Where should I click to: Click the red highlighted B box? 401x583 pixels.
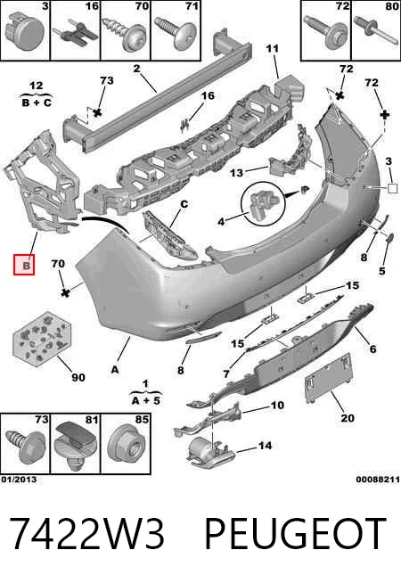(x=24, y=265)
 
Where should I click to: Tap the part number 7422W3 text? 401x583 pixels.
(x=86, y=534)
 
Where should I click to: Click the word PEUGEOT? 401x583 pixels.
(x=296, y=534)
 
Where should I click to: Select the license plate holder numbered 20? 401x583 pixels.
(x=328, y=378)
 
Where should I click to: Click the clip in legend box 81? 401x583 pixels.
(x=75, y=447)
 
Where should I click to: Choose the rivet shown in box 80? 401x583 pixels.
(x=376, y=31)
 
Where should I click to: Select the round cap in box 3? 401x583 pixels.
(x=25, y=30)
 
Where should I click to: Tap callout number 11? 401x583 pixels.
(x=272, y=48)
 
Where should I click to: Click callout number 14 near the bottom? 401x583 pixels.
(x=265, y=445)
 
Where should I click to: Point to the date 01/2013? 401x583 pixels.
(x=19, y=480)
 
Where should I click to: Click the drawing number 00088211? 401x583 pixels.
(x=378, y=480)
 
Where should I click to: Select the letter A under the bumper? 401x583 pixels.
(x=115, y=370)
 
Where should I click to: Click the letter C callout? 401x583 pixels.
(x=184, y=204)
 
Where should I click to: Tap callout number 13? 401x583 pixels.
(x=236, y=173)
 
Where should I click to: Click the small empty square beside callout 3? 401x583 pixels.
(x=392, y=188)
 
